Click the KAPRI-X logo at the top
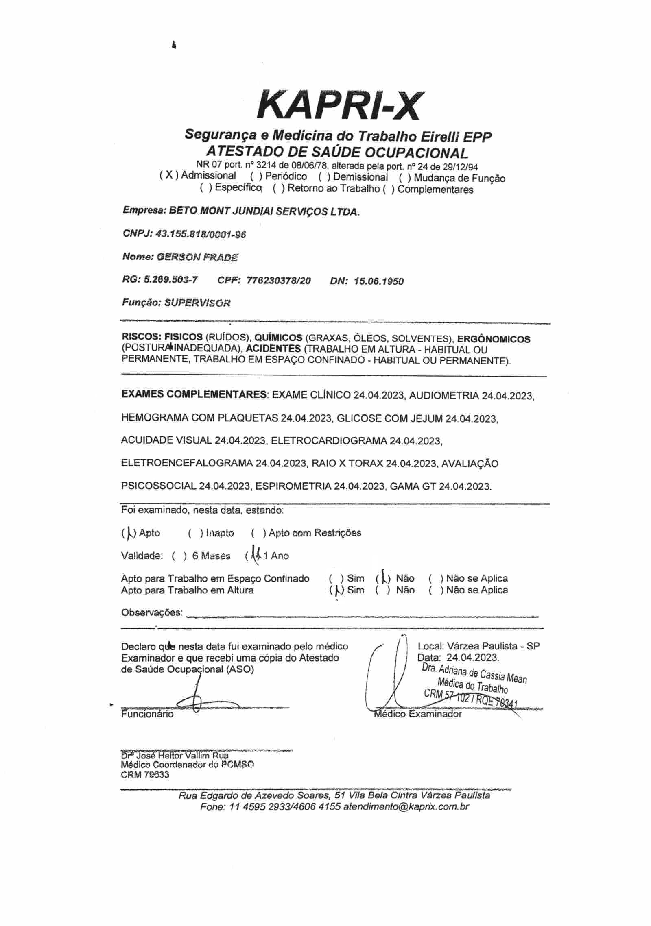point(338,105)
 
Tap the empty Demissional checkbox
point(325,177)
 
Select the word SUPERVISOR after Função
point(197,303)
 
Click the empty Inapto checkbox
point(195,533)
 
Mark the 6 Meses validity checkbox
point(179,556)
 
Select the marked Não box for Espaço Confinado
point(383,579)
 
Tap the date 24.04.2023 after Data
point(472,658)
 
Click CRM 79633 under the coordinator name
point(145,775)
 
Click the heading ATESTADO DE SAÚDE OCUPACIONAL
point(337,153)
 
